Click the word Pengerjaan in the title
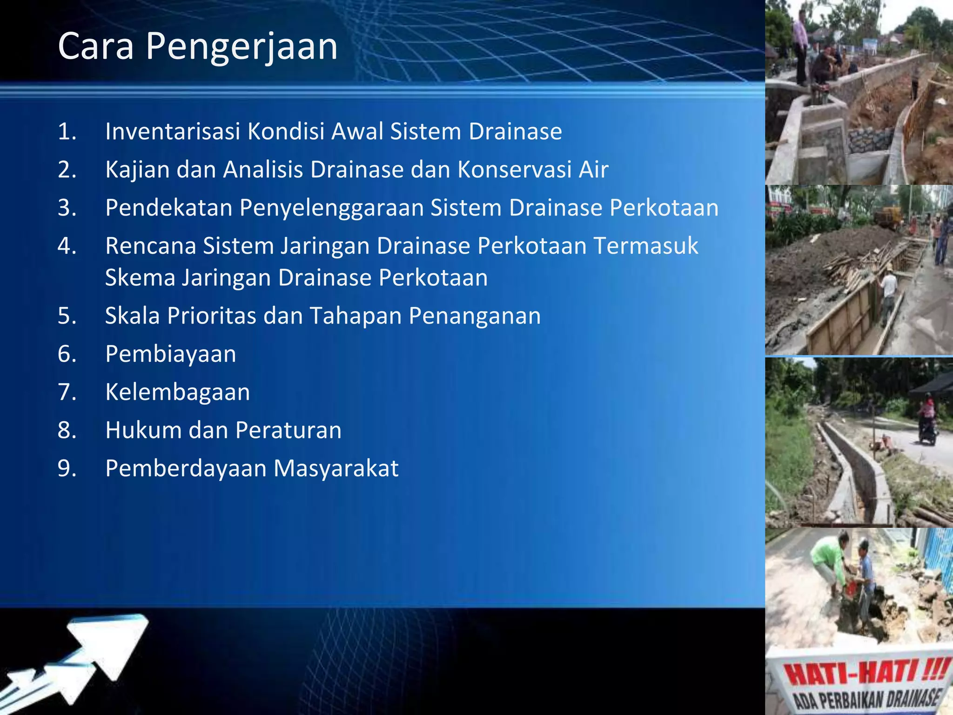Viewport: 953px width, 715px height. (x=242, y=47)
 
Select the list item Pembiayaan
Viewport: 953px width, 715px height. (x=170, y=354)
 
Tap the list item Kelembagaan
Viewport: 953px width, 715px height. (x=177, y=392)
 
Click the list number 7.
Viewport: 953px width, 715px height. (x=67, y=392)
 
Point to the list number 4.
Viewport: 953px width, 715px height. (x=67, y=246)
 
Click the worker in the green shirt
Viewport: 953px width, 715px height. (x=831, y=561)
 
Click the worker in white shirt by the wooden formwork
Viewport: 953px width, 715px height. (x=888, y=291)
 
